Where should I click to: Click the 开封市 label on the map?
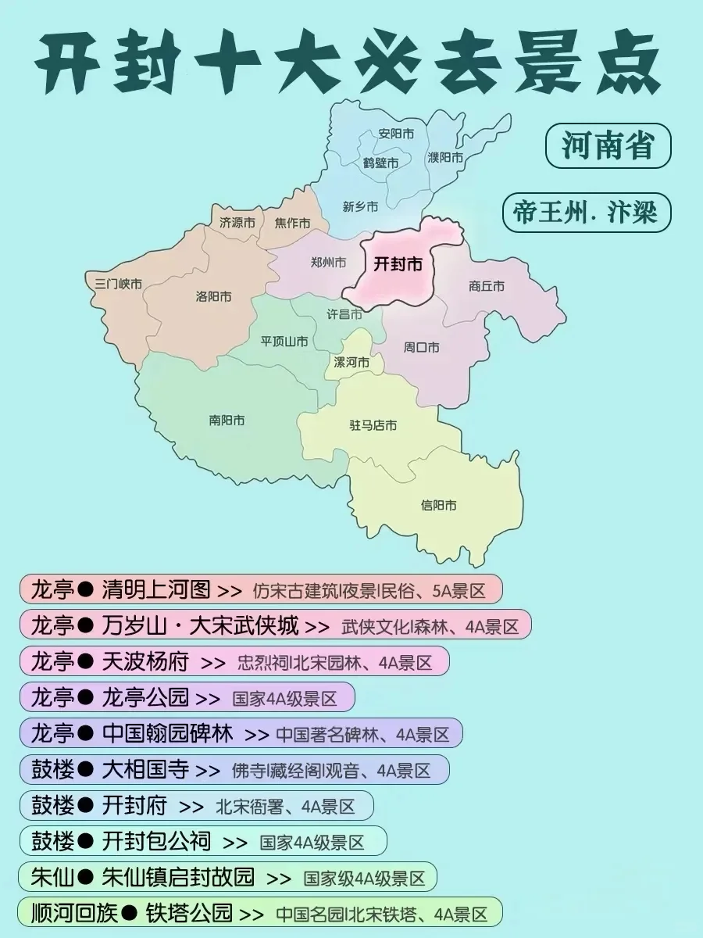[398, 264]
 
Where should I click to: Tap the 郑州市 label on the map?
[328, 263]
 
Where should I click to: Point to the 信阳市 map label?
[439, 505]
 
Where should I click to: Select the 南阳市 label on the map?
[227, 420]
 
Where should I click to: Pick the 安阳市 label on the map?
[396, 133]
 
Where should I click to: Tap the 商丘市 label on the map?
[487, 286]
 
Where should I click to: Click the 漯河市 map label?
[351, 363]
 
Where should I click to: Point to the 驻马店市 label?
[373, 425]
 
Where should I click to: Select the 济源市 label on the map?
[237, 222]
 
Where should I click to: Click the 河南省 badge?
[608, 146]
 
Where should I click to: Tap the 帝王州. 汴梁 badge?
[586, 213]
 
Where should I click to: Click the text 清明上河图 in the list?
[156, 589]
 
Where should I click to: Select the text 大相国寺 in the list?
[145, 770]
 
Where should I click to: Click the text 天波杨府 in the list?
[145, 662]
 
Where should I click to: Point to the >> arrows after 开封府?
[191, 807]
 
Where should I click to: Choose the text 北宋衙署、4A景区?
[285, 806]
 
